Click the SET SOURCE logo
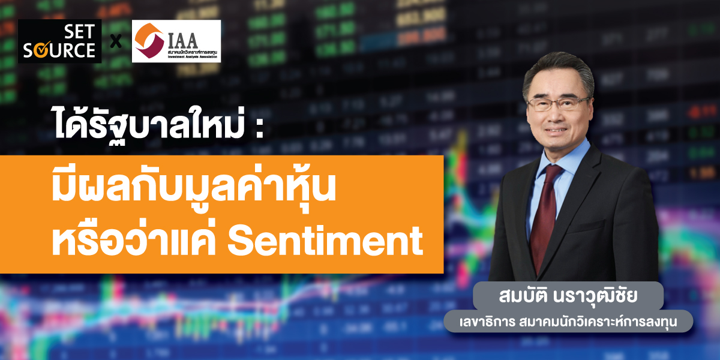(x=59, y=41)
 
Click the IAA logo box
(x=176, y=41)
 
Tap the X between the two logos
(x=116, y=43)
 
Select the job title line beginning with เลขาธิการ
(x=568, y=322)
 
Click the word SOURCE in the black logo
(x=59, y=50)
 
